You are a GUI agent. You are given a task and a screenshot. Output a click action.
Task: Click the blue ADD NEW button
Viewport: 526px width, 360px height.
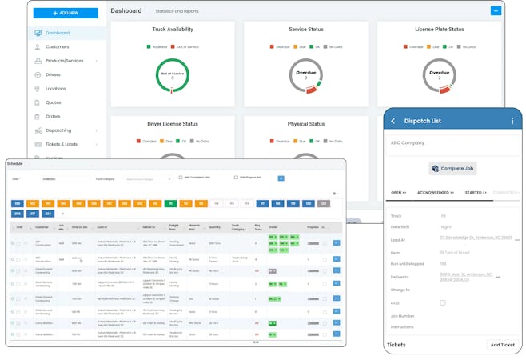[x=66, y=13]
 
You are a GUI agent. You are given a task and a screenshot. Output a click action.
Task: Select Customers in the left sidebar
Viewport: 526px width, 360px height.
[x=58, y=46]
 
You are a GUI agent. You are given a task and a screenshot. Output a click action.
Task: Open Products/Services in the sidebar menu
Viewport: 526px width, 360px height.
[x=65, y=61]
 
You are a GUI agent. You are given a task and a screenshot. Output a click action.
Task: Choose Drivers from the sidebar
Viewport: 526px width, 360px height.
[x=53, y=74]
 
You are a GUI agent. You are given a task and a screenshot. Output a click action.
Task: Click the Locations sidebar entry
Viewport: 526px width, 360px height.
[x=56, y=89]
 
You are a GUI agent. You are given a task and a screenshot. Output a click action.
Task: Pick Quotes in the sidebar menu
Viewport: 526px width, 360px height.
[x=53, y=102]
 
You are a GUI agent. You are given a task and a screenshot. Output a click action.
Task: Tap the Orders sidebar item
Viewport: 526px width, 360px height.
[x=53, y=116]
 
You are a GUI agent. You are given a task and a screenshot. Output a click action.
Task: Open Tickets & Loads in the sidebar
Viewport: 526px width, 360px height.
[x=62, y=144]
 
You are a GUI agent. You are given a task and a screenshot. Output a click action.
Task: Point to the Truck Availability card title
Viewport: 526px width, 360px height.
[x=172, y=30]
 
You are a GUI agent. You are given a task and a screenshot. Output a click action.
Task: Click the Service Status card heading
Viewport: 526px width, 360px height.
[x=306, y=30]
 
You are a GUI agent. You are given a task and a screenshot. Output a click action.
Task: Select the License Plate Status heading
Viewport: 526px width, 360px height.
[x=439, y=30]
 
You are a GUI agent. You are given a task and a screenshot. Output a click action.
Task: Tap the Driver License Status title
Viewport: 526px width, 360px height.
[x=173, y=124]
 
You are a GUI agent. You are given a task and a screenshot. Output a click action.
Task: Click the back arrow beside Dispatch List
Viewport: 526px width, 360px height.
[x=393, y=121]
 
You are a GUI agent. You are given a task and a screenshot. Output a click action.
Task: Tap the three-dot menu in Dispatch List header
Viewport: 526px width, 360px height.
[x=512, y=121]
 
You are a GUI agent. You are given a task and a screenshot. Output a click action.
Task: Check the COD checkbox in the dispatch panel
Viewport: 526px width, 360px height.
[x=443, y=302]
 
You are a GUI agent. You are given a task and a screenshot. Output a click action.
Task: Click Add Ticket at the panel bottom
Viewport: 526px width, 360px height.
[x=502, y=345]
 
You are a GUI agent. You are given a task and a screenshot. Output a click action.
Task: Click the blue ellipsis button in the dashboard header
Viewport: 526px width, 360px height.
[x=496, y=10]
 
